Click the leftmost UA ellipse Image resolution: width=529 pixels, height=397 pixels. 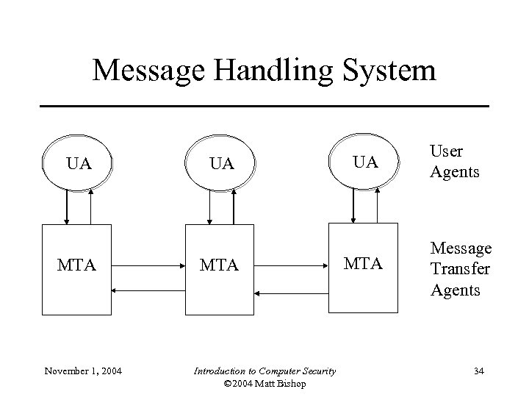78,162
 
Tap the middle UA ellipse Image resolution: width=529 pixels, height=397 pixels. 221,162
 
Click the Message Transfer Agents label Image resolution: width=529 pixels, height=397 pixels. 461,269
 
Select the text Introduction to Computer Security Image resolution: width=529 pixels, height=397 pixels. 264,371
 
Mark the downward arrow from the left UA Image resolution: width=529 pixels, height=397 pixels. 68,206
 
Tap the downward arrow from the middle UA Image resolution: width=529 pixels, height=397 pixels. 210,206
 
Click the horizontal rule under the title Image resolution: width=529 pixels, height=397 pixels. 264,107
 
